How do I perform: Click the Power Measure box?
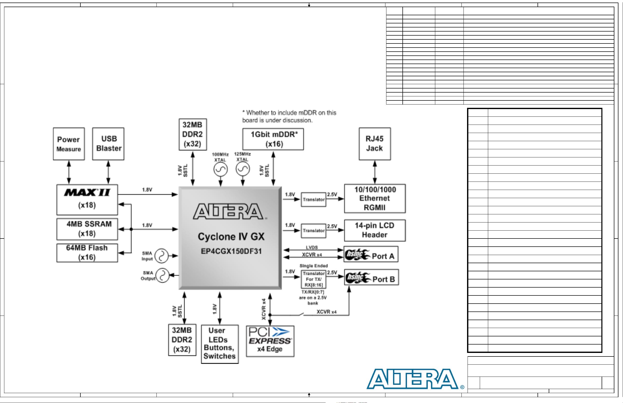coord(69,144)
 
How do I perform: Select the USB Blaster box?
coord(108,144)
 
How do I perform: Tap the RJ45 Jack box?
coord(374,144)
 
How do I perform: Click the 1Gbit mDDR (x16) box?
coord(273,139)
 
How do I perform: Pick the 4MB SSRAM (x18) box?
coord(87,229)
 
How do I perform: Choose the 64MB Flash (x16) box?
coord(87,253)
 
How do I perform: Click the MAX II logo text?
coord(87,193)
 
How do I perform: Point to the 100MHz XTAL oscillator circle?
coord(220,170)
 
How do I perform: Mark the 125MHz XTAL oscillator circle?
coord(243,169)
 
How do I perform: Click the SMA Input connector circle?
coord(162,256)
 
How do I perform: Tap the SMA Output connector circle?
coord(162,276)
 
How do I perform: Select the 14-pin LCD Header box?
coord(374,230)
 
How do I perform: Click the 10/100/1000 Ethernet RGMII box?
coord(374,198)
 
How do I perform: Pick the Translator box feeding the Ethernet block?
coord(313,200)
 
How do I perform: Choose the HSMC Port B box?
coord(371,277)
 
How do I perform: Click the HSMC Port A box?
coord(371,254)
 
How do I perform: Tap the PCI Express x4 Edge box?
coord(270,341)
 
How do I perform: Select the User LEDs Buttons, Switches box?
coord(220,344)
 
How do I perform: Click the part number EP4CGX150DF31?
coord(231,251)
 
